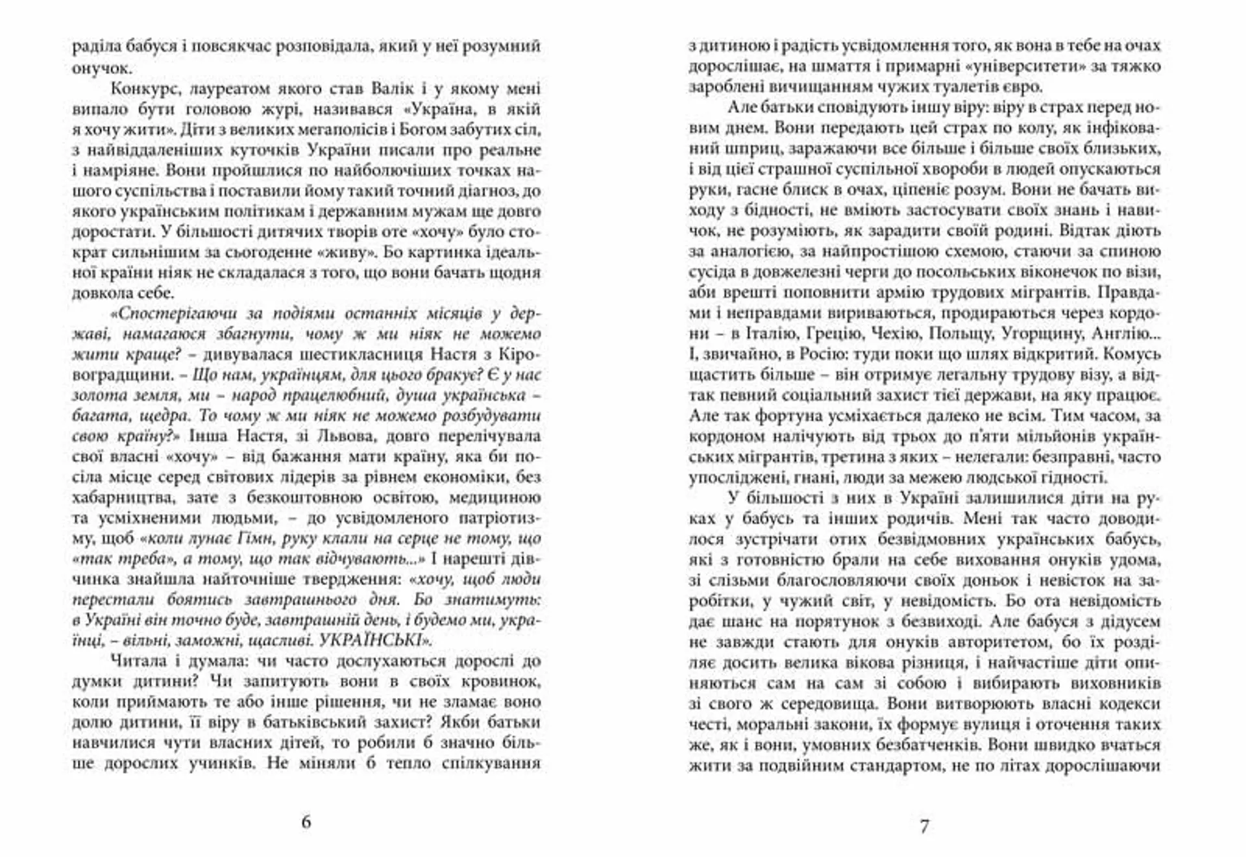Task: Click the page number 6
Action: (306, 822)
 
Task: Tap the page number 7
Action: (924, 826)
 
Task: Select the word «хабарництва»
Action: (122, 497)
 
